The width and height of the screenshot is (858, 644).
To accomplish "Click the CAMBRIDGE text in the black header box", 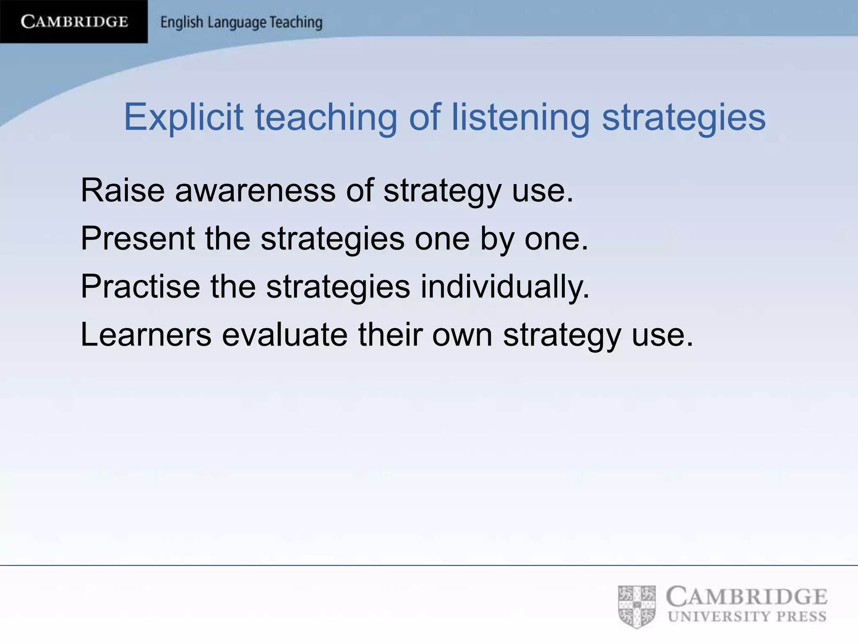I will click(74, 21).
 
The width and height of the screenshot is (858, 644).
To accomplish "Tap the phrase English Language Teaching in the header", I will click(241, 22).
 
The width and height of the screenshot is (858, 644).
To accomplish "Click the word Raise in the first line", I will click(122, 190).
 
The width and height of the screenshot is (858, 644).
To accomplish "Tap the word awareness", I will click(255, 190).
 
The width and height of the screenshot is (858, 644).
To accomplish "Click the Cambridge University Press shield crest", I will click(637, 606).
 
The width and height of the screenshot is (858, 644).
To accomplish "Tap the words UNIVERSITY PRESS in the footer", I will click(747, 617).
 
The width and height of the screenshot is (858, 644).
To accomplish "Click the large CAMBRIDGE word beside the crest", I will click(747, 597).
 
